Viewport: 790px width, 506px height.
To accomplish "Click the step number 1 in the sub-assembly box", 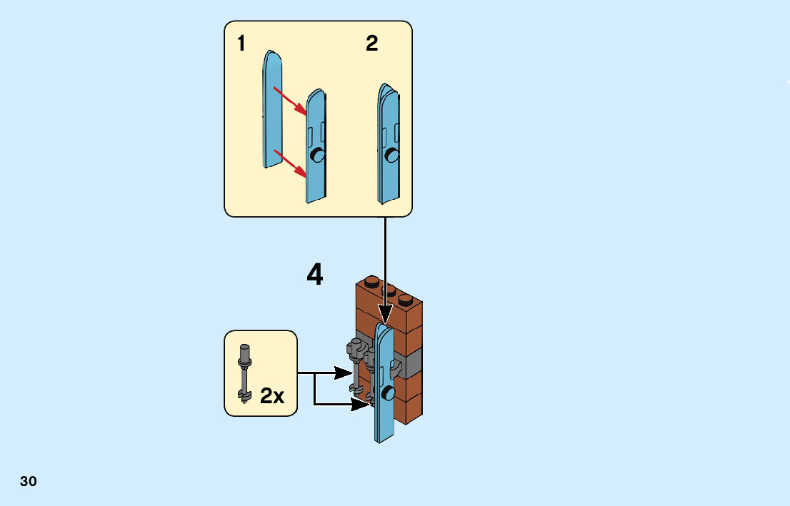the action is [241, 44].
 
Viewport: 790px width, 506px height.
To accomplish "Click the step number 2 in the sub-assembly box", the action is [371, 44].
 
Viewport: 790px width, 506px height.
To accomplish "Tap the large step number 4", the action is [315, 275].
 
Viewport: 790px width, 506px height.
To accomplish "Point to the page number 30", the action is [29, 482].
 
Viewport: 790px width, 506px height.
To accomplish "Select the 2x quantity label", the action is [272, 396].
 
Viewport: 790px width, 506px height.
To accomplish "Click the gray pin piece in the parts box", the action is [245, 373].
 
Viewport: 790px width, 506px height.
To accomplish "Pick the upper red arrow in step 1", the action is [290, 101].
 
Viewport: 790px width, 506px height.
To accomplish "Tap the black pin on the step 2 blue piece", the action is [392, 155].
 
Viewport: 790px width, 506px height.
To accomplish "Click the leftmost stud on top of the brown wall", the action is [371, 280].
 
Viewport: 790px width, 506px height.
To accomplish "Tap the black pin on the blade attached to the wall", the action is [388, 393].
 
